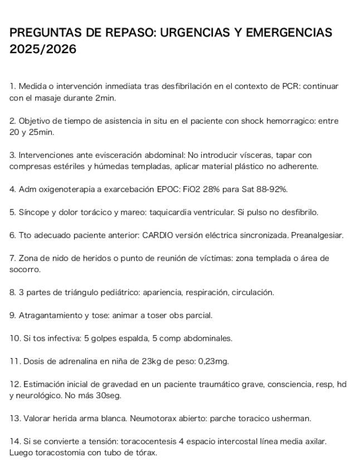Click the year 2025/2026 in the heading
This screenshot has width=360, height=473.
(x=42, y=50)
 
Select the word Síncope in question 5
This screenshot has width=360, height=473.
(x=33, y=212)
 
